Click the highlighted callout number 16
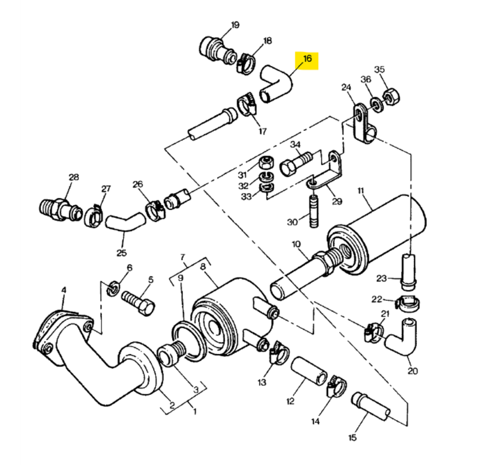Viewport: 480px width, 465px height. [307, 58]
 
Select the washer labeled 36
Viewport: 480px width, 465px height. [377, 104]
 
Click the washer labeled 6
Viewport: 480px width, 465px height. [113, 289]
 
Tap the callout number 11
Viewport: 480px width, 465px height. [361, 191]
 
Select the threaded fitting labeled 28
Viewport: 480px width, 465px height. [61, 209]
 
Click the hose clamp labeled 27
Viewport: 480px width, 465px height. [94, 216]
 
